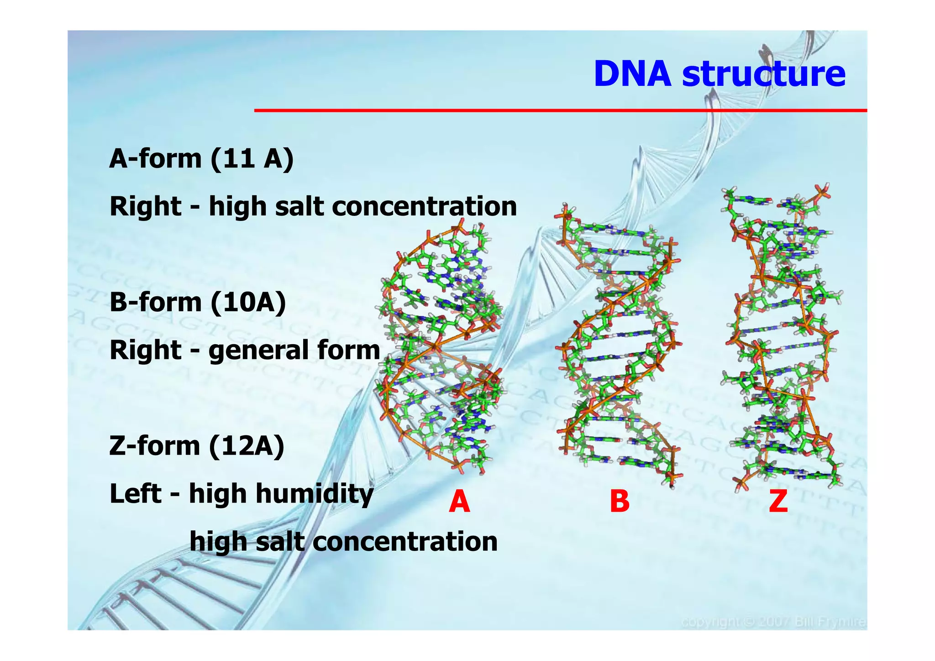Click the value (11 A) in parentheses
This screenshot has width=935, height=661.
(252, 159)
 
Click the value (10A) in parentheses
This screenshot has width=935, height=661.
(248, 302)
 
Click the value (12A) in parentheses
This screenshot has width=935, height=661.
(247, 446)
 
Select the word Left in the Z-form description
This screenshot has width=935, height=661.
(135, 494)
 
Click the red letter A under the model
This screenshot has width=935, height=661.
(459, 501)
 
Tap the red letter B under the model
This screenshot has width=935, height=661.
(620, 501)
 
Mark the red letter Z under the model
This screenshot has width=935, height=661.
(778, 501)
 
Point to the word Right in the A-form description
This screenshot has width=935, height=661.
(146, 206)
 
